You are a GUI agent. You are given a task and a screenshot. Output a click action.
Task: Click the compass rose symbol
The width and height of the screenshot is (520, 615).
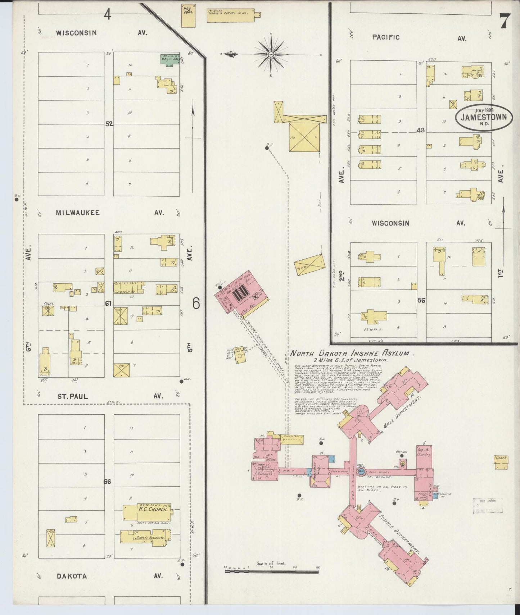[271, 54]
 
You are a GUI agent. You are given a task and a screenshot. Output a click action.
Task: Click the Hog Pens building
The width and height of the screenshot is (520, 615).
[188, 15]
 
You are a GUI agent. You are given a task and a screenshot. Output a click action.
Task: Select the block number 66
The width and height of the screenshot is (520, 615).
[107, 482]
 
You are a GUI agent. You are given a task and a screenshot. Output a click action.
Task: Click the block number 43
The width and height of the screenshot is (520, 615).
[421, 130]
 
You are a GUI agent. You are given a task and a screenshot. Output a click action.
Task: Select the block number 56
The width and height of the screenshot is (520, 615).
[421, 300]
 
